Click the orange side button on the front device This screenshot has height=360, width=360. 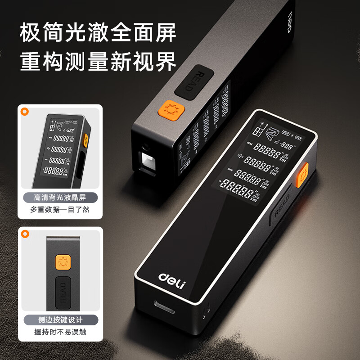(303, 173)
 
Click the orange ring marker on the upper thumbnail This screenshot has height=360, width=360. (25, 110)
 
